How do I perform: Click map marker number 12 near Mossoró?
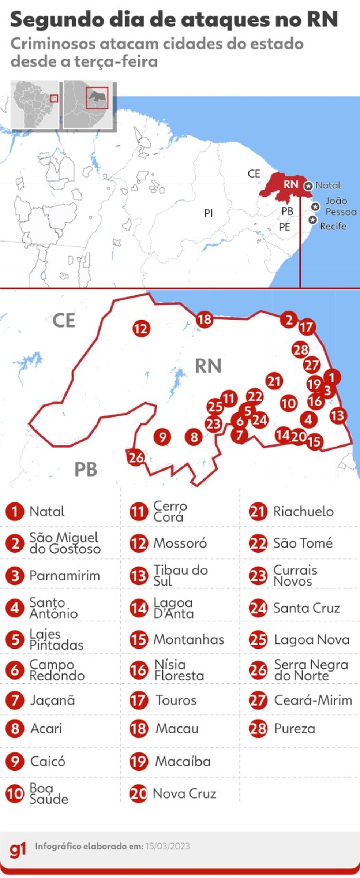pos(141,328)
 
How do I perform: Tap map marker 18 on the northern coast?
pos(205,319)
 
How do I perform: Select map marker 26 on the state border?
pos(136,457)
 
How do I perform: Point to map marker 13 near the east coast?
pos(338,415)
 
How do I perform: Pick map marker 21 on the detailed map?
pos(274,381)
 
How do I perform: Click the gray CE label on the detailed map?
pos(64,321)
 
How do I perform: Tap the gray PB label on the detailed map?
pos(86,469)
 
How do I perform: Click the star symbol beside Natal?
pos(308,186)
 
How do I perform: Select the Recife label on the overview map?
pos(333,226)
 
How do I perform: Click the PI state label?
pos(209,213)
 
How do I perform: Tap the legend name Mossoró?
pos(180,543)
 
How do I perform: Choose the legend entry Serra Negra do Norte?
pos(311,670)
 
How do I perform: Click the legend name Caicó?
pos(48,761)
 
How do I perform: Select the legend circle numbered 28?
pos(258,729)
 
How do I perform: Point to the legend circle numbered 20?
pos(139,793)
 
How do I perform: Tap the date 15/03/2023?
pos(168,847)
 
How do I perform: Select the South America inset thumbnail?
pos(34,104)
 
